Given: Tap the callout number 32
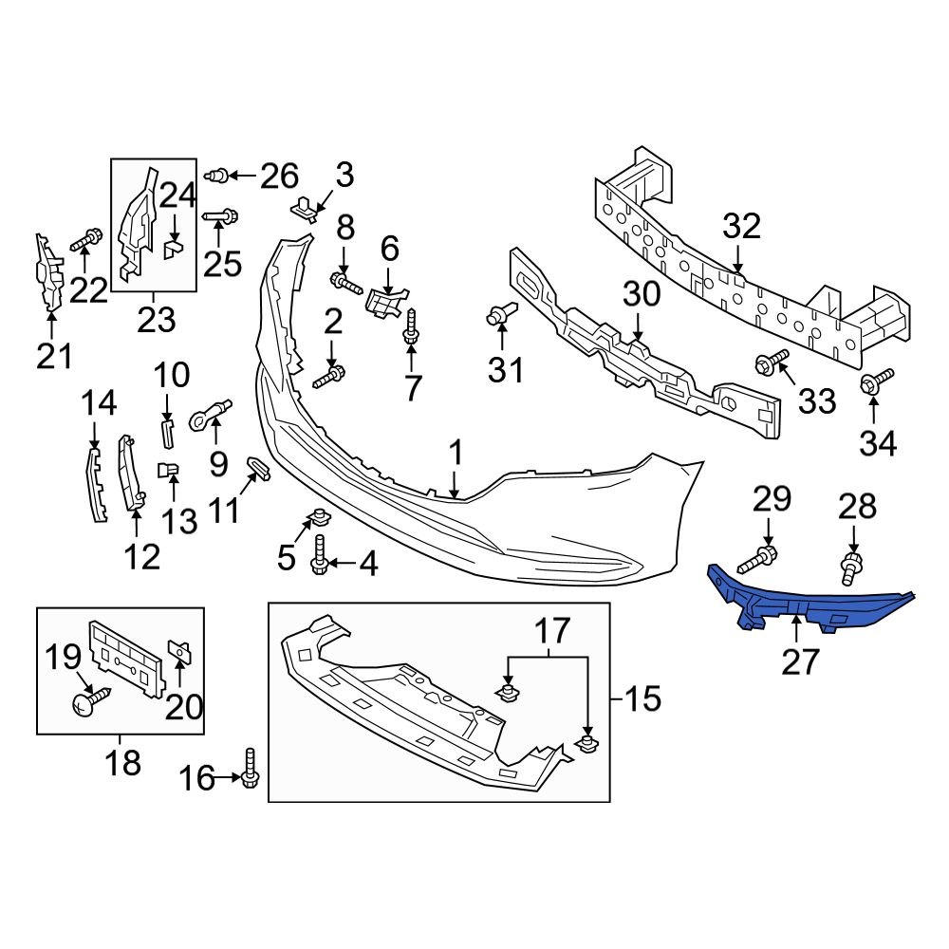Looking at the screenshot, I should click(742, 228).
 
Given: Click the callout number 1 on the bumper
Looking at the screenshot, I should click(456, 455).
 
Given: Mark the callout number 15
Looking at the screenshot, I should click(642, 700).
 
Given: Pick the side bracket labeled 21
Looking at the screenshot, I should click(48, 271).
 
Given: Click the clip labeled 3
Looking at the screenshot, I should click(304, 206).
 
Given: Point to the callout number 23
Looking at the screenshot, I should click(156, 319).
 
